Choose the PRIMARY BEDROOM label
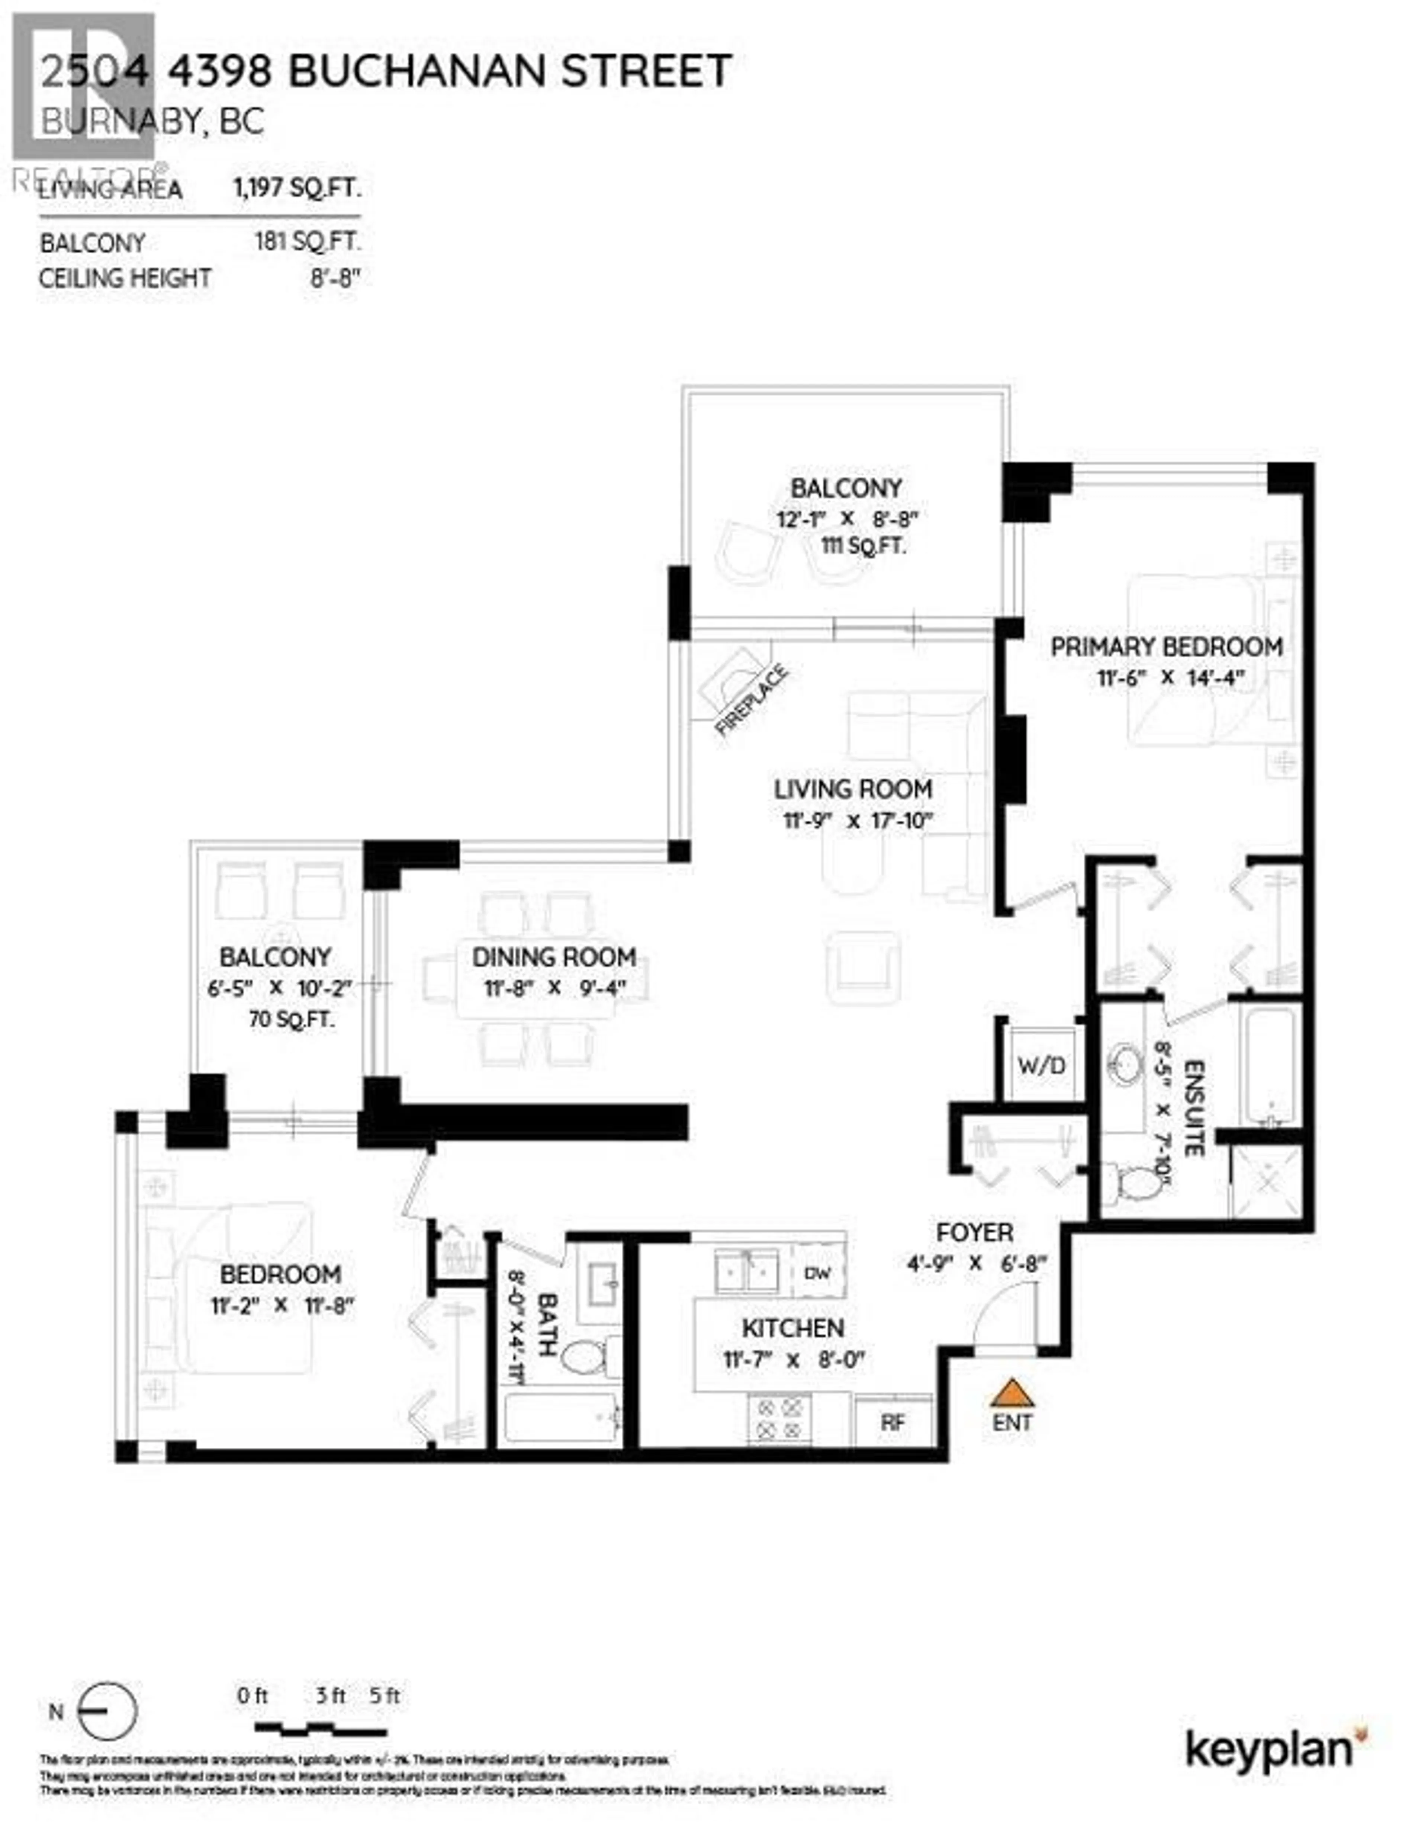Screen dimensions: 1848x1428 (x=1166, y=647)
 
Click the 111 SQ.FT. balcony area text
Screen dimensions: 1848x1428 (x=863, y=546)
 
